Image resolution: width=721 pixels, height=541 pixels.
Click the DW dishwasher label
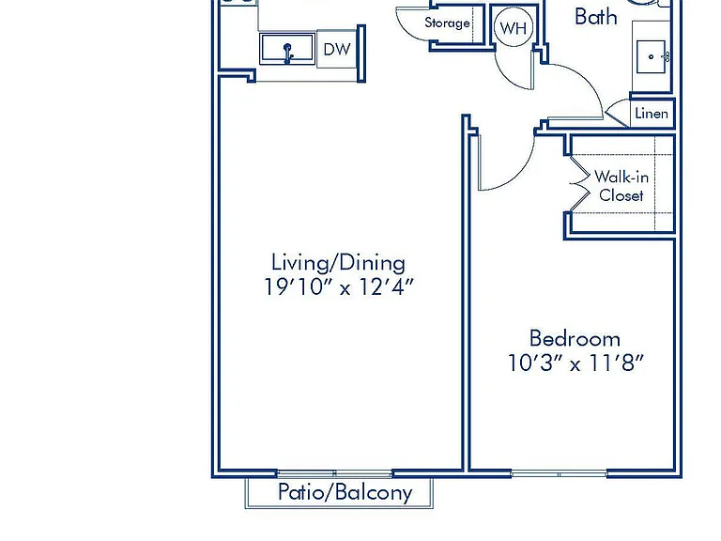pyautogui.click(x=337, y=49)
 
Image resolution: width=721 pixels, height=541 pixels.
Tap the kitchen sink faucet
pyautogui.click(x=288, y=53)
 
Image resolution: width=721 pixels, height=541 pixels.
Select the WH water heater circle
pyautogui.click(x=514, y=28)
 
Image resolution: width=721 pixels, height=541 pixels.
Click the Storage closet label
pyautogui.click(x=447, y=23)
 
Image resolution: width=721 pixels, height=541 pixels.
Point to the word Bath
pyautogui.click(x=596, y=17)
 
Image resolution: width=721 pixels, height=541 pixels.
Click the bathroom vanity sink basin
pyautogui.click(x=651, y=56)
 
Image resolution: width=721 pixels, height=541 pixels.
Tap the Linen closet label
pyautogui.click(x=652, y=113)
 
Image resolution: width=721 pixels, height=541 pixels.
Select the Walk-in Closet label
pyautogui.click(x=621, y=186)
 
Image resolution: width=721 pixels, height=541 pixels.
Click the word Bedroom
pyautogui.click(x=575, y=338)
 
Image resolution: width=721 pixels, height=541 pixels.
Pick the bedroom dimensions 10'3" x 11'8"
pyautogui.click(x=575, y=363)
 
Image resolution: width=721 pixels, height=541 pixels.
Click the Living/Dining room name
pyautogui.click(x=338, y=263)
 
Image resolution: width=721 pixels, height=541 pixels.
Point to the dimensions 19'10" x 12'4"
pyautogui.click(x=338, y=287)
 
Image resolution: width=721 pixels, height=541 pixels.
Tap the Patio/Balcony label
pyautogui.click(x=345, y=492)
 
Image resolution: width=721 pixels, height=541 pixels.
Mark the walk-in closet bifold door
pyautogui.click(x=579, y=184)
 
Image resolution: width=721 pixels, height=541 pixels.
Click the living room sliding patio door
pyautogui.click(x=334, y=473)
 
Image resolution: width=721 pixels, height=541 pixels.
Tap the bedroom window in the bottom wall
pyautogui.click(x=560, y=473)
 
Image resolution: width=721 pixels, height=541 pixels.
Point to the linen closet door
pyautogui.click(x=618, y=114)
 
